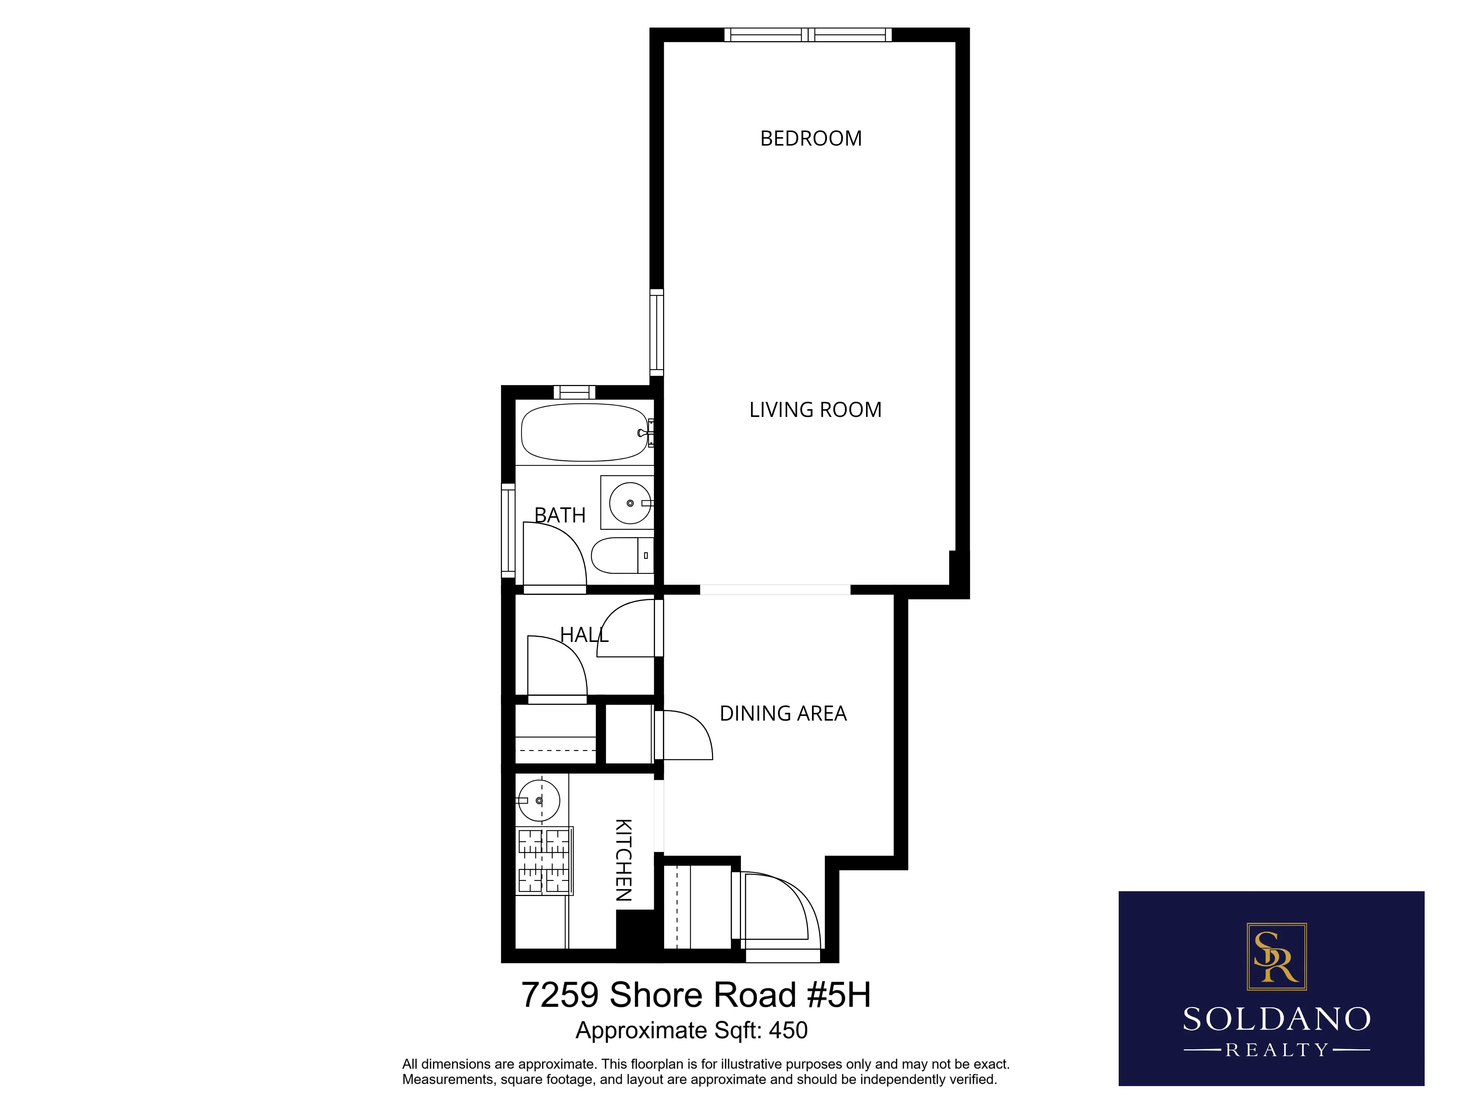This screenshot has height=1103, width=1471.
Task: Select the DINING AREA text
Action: [x=783, y=713]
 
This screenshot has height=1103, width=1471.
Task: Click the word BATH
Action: [x=560, y=515]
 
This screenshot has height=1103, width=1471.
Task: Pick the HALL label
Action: [x=584, y=635]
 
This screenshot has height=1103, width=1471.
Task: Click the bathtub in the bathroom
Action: [x=584, y=433]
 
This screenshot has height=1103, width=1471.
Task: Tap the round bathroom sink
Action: [x=629, y=503]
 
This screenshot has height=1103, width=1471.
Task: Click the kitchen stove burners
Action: [x=544, y=861]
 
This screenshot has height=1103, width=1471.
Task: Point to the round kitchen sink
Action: [x=539, y=800]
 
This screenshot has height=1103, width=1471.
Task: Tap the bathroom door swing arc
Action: [x=553, y=555]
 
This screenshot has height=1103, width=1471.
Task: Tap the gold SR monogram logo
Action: [x=1276, y=956]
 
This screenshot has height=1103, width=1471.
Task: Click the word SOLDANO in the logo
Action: [x=1276, y=1019]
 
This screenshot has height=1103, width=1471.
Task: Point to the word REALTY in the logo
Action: [x=1276, y=1050]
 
